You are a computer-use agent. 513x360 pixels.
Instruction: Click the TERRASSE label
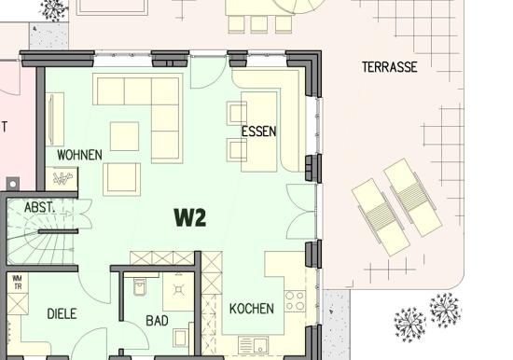(389, 67)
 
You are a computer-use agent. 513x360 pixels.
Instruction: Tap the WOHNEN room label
(79, 155)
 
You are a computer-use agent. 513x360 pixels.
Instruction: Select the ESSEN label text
(258, 132)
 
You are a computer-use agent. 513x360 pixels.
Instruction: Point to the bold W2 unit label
(190, 217)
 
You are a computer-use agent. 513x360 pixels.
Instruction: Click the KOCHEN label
(252, 309)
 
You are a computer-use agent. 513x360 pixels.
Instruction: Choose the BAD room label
(157, 321)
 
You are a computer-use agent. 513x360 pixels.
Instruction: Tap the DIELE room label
(62, 314)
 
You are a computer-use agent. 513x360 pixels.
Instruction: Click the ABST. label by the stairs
(39, 207)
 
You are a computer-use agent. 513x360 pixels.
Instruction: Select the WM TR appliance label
(17, 282)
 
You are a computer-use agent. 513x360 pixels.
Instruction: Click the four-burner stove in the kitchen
(295, 301)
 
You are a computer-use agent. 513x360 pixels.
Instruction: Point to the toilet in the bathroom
(141, 286)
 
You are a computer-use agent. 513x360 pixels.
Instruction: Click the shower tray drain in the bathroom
(179, 290)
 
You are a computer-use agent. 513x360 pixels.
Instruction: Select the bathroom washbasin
(180, 338)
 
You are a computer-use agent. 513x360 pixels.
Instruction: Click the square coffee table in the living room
(124, 136)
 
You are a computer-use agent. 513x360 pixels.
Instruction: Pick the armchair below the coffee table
(121, 179)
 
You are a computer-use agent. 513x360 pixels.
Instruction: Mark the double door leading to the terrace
(301, 212)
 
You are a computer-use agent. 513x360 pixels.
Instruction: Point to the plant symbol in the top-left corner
(52, 10)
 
